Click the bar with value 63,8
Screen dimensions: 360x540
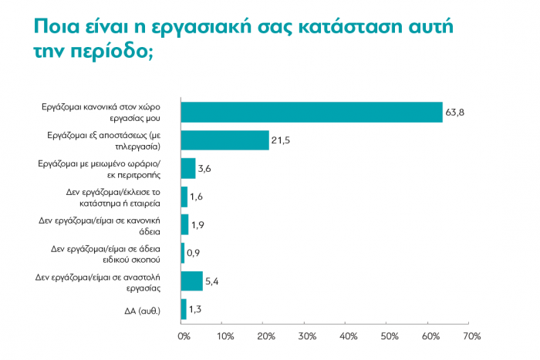[x=311, y=112]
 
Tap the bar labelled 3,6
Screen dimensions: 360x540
[x=187, y=168]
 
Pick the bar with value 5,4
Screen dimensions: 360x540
[x=191, y=281]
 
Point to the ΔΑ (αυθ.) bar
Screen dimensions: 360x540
[x=183, y=309]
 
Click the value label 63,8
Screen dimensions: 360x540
[x=454, y=113]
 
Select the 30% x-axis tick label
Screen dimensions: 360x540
[x=306, y=337]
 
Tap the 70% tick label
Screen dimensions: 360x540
[x=471, y=337]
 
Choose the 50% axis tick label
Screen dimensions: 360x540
[x=389, y=337]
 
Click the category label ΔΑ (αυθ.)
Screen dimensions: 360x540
[x=137, y=310]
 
